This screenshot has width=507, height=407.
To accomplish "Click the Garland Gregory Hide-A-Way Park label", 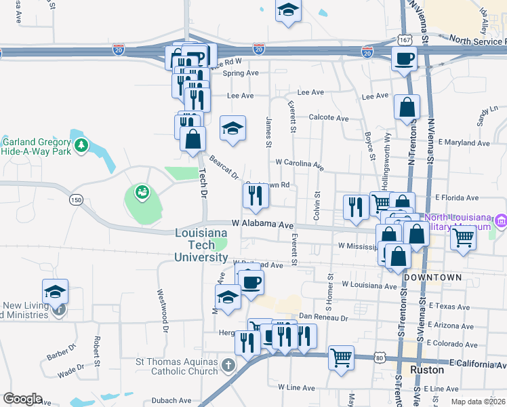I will [x=37, y=147].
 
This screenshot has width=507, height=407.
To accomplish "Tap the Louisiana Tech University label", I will [x=201, y=246].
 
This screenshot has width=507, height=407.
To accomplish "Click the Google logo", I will [x=22, y=399].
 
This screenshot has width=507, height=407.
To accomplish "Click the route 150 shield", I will [x=76, y=199].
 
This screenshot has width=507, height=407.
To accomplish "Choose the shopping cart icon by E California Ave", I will [x=341, y=357].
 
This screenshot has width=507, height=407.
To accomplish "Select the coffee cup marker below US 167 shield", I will [x=404, y=59].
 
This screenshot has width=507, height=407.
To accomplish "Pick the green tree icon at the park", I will [x=81, y=144].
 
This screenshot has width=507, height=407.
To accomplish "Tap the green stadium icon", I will [x=142, y=193].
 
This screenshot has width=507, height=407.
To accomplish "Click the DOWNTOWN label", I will [x=432, y=278].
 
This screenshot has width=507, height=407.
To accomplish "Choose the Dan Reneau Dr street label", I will [x=323, y=317].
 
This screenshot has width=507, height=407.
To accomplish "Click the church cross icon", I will [x=229, y=366].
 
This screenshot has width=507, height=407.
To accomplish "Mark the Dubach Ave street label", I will [x=171, y=400].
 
